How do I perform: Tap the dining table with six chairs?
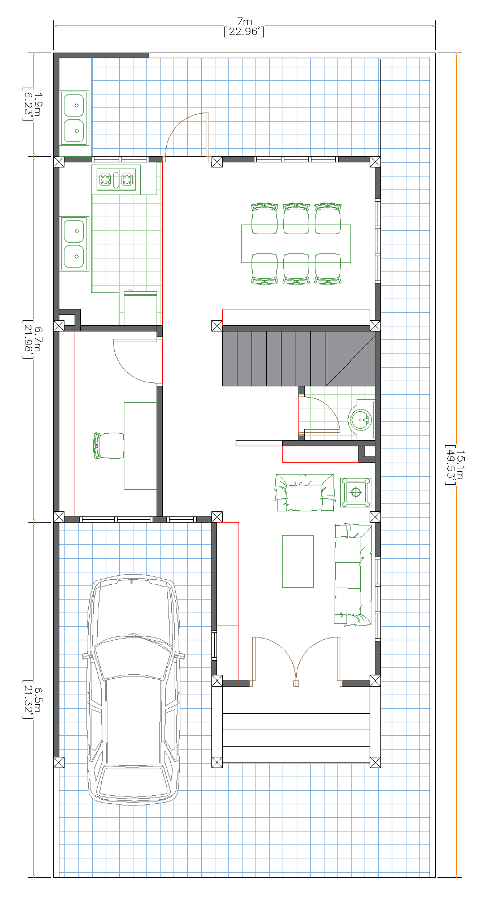(x=296, y=243)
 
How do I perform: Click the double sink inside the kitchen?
(x=74, y=243)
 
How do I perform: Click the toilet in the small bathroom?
(x=360, y=419)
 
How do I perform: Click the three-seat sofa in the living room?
(x=353, y=574)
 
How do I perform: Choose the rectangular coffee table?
(x=298, y=561)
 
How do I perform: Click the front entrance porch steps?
(x=296, y=730)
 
